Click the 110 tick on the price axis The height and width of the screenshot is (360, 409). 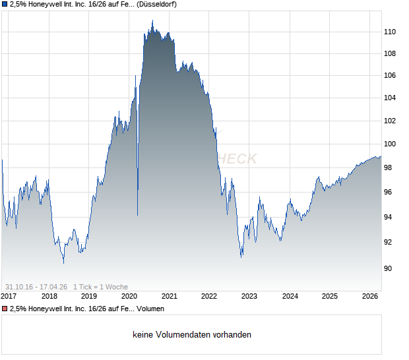coord(391,32)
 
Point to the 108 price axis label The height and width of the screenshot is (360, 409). coord(391,54)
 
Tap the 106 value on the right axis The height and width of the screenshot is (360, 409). coord(391,76)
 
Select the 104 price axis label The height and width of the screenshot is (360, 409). coord(391,98)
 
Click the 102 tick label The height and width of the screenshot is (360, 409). coord(391,121)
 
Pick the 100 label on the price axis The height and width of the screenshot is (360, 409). coord(391,144)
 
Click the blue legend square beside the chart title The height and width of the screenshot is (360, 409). coord(5,5)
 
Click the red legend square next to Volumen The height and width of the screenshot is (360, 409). coord(5,309)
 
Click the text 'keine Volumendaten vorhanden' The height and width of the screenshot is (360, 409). coord(192,335)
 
